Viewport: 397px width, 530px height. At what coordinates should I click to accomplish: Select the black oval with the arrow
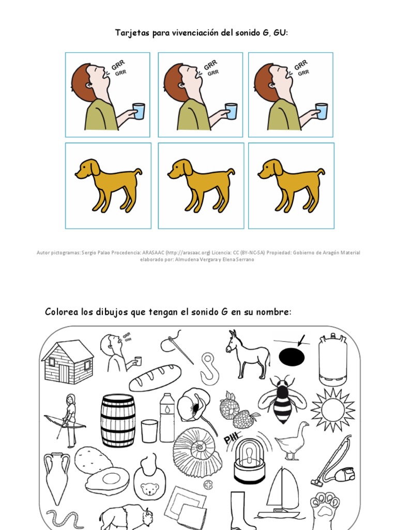click(x=292, y=357)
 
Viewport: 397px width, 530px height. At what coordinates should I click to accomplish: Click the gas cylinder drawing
click(x=332, y=359)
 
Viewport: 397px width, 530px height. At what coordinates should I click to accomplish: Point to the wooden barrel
click(x=118, y=420)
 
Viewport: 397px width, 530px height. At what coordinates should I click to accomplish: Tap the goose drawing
click(x=292, y=440)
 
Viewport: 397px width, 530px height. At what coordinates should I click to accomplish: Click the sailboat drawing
click(x=282, y=492)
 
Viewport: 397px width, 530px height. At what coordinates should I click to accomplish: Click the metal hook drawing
click(x=209, y=367)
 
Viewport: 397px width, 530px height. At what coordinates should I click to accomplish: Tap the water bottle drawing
click(x=167, y=417)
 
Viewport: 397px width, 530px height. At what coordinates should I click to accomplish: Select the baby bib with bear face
click(x=149, y=479)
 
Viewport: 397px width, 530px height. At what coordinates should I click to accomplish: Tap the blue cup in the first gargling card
click(x=139, y=111)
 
